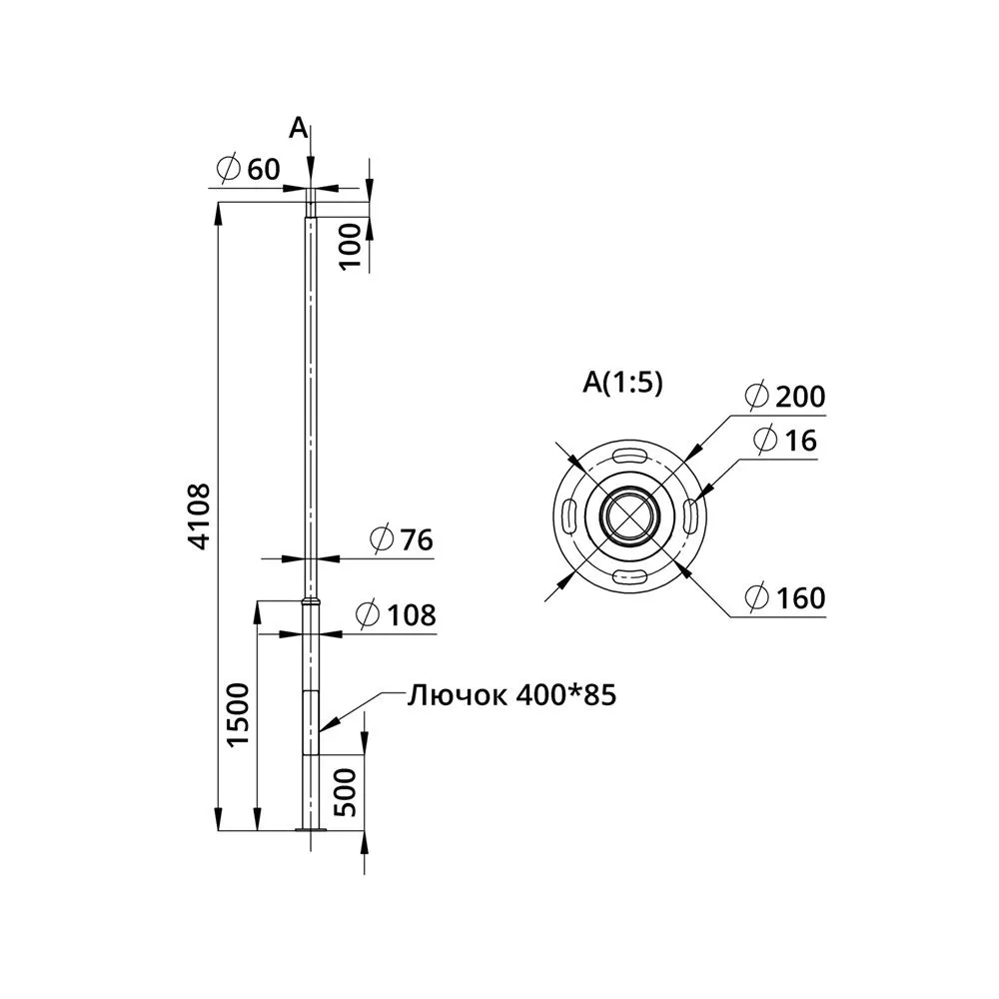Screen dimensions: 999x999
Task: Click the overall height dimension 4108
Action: click(x=200, y=516)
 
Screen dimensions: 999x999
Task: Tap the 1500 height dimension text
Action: click(x=239, y=714)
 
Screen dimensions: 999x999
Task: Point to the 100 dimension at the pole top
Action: click(x=350, y=246)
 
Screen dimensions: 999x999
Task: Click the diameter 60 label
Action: click(x=248, y=170)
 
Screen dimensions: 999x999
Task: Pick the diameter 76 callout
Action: click(x=402, y=539)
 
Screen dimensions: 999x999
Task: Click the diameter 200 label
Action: click(x=785, y=397)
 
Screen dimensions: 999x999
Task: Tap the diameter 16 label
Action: click(x=784, y=441)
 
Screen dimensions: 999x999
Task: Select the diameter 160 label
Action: click(x=785, y=597)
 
